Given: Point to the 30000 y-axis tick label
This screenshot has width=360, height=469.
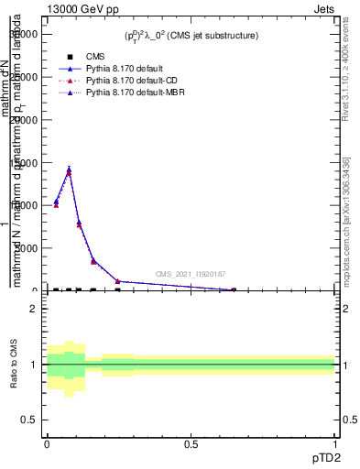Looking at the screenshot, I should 25,35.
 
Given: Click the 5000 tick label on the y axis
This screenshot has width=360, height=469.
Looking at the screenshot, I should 27,248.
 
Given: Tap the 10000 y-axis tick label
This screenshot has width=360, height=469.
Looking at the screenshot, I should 25,205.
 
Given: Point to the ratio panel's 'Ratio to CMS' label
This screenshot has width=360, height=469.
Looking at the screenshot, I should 14,365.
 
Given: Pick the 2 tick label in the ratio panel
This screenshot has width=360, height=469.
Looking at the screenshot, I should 34,309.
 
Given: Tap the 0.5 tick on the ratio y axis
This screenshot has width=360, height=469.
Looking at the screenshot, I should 29,420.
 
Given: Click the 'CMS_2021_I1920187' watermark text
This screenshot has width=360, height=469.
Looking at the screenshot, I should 190,274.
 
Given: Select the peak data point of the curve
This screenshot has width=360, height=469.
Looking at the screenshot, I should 69,169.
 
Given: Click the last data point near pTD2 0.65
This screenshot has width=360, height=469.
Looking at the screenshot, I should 233,289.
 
